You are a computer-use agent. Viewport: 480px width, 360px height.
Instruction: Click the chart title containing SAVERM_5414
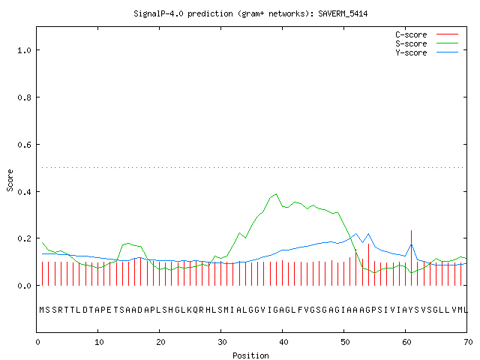pyautogui.click(x=250, y=13)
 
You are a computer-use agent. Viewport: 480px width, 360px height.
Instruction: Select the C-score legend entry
pyautogui.click(x=427, y=34)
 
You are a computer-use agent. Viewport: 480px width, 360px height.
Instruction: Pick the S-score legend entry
pyautogui.click(x=427, y=43)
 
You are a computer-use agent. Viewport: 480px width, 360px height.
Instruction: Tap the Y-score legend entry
pyautogui.click(x=427, y=52)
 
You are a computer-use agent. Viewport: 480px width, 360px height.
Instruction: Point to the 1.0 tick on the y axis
pyautogui.click(x=24, y=50)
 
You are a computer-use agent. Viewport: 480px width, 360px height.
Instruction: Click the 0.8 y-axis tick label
pyautogui.click(x=24, y=97)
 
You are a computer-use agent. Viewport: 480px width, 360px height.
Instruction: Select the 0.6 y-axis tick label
pyautogui.click(x=24, y=145)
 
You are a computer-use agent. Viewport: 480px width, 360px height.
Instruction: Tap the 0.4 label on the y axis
pyautogui.click(x=24, y=192)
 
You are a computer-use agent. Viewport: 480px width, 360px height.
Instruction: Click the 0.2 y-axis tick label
pyautogui.click(x=24, y=238)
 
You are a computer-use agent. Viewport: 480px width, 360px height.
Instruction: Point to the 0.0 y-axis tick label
pyautogui.click(x=24, y=286)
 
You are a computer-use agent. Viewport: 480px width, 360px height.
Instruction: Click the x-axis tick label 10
pyautogui.click(x=99, y=342)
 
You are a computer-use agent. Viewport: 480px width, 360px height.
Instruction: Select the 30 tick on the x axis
pyautogui.click(x=222, y=342)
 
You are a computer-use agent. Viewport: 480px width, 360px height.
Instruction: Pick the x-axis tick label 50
pyautogui.click(x=345, y=342)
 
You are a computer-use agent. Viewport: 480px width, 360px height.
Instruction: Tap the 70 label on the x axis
pyautogui.click(x=468, y=342)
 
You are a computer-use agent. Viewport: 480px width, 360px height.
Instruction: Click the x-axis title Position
pyautogui.click(x=250, y=355)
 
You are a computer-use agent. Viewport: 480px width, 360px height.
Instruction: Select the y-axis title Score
pyautogui.click(x=10, y=180)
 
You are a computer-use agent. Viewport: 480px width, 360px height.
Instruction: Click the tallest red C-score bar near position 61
pyautogui.click(x=412, y=258)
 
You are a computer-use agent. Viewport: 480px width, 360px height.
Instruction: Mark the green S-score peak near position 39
pyautogui.click(x=277, y=193)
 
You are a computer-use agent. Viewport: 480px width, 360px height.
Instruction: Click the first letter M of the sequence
pyautogui.click(x=42, y=310)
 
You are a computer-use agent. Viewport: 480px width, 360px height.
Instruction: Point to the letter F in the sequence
pyautogui.click(x=300, y=310)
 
